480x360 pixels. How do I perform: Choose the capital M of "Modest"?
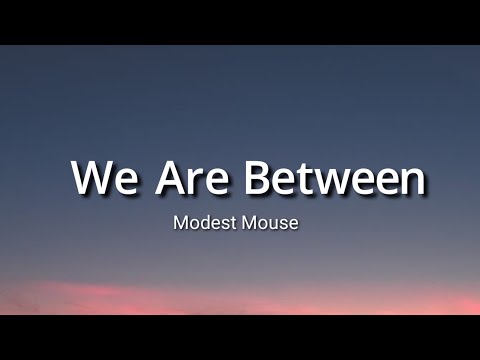(180, 222)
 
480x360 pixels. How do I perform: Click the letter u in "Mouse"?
(271, 224)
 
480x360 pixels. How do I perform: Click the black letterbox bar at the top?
(240, 21)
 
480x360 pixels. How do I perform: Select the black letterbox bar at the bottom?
(240, 338)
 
